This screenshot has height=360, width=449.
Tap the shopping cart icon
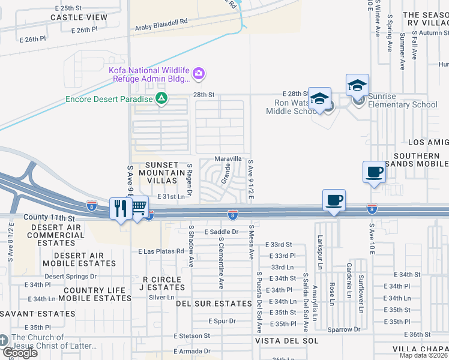139,207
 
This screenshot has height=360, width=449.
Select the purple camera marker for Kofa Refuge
199,74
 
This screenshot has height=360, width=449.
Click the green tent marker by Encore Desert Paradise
161,98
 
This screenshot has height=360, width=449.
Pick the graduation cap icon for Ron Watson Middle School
319,98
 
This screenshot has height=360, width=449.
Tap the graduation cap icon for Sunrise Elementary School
357,85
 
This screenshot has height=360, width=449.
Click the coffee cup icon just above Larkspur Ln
334,200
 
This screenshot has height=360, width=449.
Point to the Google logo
20,353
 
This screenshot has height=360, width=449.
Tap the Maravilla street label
229,159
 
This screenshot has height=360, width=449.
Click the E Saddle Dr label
221,231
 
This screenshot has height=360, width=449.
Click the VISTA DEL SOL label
278,340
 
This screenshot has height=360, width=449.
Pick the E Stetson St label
192,336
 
